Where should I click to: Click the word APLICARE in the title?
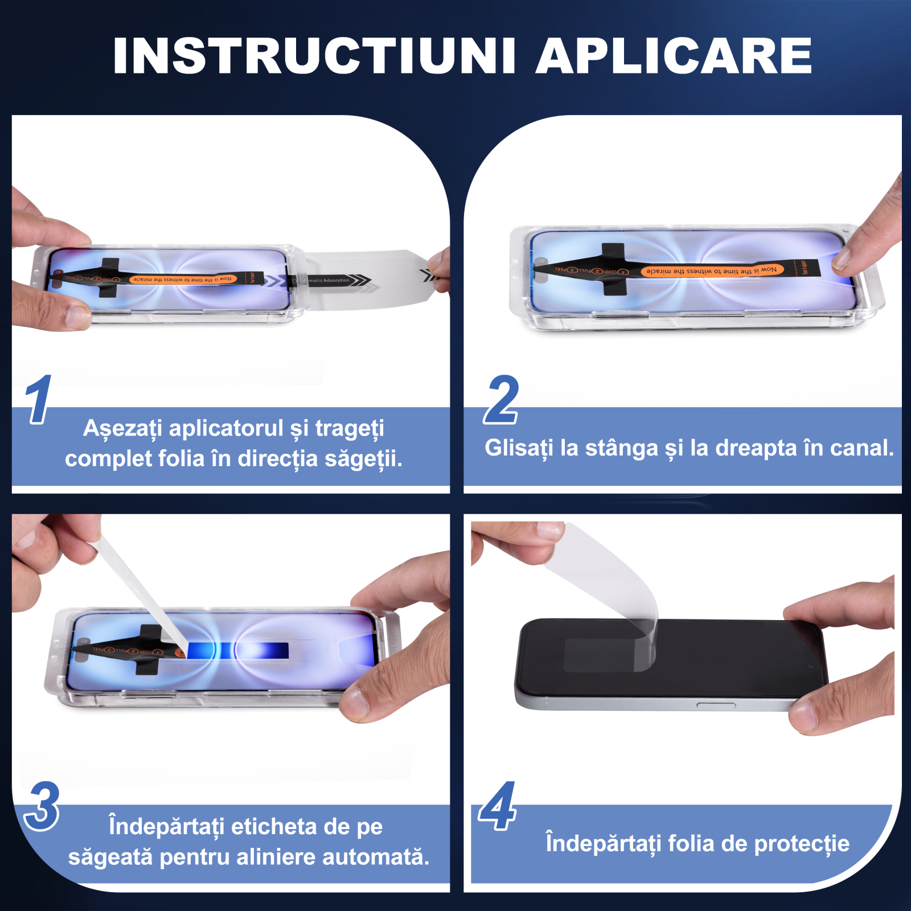pyautogui.click(x=674, y=56)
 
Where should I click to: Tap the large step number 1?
pyautogui.click(x=39, y=400)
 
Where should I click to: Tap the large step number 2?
pyautogui.click(x=502, y=400)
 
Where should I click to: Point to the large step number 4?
pyautogui.click(x=498, y=806)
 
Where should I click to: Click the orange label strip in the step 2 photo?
pyautogui.click(x=712, y=270)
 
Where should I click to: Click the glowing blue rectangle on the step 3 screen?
pyautogui.click(x=239, y=650)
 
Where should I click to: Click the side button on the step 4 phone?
pyautogui.click(x=716, y=705)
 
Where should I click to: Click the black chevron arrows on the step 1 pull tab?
pyautogui.click(x=359, y=280)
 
